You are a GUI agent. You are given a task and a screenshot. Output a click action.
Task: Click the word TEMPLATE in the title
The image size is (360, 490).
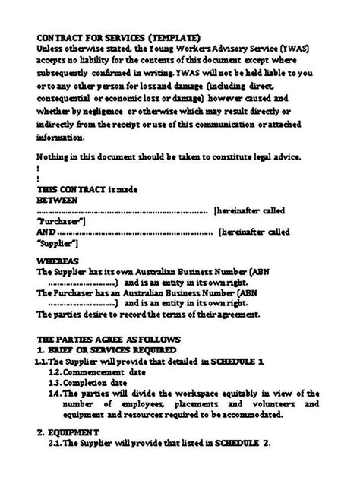[176, 36]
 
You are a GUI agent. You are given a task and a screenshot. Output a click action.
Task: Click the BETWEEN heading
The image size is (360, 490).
[57, 198]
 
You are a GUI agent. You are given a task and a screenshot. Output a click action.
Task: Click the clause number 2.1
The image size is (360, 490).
[55, 443]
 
